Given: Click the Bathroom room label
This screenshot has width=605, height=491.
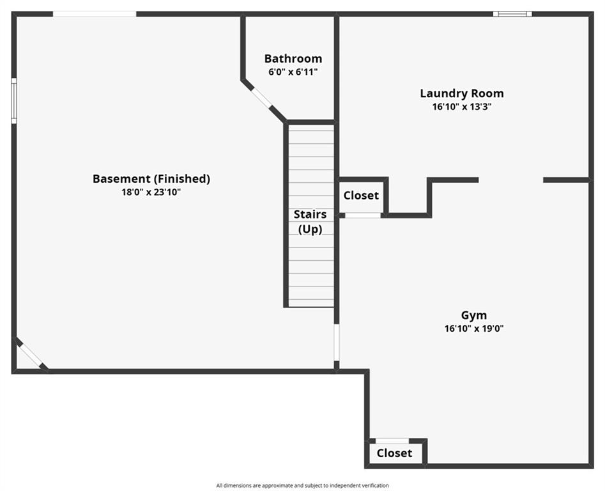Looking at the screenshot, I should coord(293,59).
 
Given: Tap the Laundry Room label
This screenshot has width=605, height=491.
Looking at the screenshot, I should coord(461,93).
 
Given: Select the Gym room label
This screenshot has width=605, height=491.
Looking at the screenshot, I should coord(474,315).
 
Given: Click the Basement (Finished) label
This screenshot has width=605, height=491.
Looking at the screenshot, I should coord(151,179).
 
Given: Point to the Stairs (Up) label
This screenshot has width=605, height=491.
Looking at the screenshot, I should coord(310,221).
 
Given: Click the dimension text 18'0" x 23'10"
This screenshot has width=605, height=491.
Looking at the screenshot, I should coord(151,192).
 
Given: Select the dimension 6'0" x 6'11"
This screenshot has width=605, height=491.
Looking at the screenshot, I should coord(293,72).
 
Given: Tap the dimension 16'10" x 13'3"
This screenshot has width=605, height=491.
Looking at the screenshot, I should coord(461,107).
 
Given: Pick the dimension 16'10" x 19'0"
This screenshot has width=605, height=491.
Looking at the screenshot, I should coord(474,329).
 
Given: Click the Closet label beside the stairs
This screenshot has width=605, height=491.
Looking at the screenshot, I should coord(361,196).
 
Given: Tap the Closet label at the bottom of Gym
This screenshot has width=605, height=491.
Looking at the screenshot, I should coord(394,453).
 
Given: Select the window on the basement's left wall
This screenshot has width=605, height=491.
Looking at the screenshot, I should coord(14,101).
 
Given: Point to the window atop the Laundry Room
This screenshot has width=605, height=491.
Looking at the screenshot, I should coord(512,13).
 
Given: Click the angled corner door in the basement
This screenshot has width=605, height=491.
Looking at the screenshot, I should coord(31,355).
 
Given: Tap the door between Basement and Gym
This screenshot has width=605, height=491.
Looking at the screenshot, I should coord(336,343).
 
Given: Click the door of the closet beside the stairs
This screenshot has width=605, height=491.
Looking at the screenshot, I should coord(363,215).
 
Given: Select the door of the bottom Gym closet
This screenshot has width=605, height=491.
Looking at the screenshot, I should coord(392,440).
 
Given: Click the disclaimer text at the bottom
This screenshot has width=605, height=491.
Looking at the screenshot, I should coord(302,485).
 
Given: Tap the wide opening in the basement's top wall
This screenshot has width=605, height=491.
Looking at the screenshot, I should coord(95,13).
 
